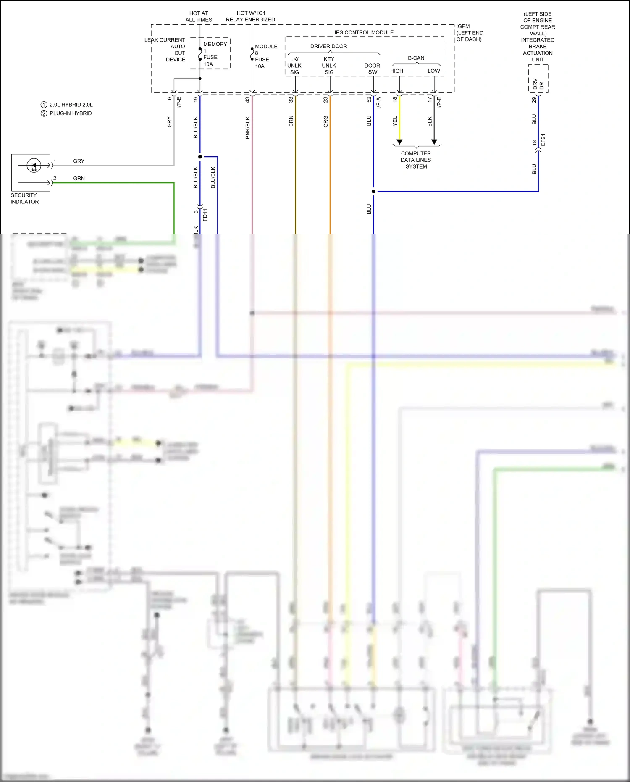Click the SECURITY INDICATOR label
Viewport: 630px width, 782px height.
click(x=24, y=198)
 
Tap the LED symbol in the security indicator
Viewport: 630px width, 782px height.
click(x=34, y=165)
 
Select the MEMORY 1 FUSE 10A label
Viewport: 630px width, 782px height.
click(x=214, y=54)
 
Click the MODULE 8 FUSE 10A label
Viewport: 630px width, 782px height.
click(x=265, y=56)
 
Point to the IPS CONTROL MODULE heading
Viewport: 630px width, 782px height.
click(x=364, y=32)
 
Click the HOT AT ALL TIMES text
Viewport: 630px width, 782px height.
click(x=199, y=16)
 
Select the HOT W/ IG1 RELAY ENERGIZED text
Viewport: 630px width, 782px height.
click(x=250, y=16)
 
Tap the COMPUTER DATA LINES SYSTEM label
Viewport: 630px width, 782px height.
click(x=416, y=160)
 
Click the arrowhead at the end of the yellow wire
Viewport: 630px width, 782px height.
click(x=399, y=142)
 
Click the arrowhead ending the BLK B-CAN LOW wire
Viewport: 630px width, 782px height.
click(x=434, y=142)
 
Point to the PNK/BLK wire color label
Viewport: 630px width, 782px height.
click(x=248, y=128)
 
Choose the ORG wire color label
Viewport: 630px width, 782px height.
click(x=326, y=122)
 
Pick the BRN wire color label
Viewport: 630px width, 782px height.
click(x=291, y=121)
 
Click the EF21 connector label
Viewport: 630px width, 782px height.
click(x=543, y=140)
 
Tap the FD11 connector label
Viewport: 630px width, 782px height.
click(x=205, y=215)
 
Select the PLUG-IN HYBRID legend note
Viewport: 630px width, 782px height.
click(x=70, y=113)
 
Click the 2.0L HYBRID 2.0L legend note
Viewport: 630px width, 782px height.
click(x=71, y=105)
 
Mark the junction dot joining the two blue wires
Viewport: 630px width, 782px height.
click(x=373, y=191)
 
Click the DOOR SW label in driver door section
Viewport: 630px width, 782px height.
click(x=372, y=68)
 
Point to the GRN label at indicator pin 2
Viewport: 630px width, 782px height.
click(x=79, y=178)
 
